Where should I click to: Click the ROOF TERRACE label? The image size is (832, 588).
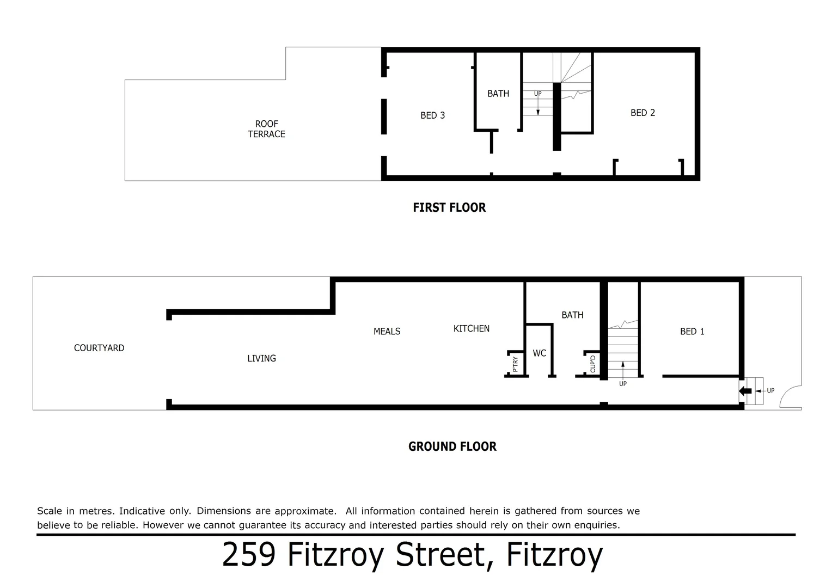266,129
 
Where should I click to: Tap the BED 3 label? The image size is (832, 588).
432,115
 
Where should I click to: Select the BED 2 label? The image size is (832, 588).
643,113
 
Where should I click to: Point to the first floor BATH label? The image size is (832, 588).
498,94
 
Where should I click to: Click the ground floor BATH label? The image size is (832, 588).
572,315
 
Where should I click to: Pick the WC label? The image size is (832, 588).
539,353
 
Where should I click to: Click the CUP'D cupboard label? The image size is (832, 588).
593,364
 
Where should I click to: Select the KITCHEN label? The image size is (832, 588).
471,329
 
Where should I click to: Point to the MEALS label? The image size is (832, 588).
387,332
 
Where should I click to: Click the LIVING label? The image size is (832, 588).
261,358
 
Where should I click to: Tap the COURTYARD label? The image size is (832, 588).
99,348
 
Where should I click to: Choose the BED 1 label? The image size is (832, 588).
692,332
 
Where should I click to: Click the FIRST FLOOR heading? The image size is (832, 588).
449,207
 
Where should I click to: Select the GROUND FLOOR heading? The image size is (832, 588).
452,446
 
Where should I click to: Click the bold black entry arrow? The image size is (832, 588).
745,391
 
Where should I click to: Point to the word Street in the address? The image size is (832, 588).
440,555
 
